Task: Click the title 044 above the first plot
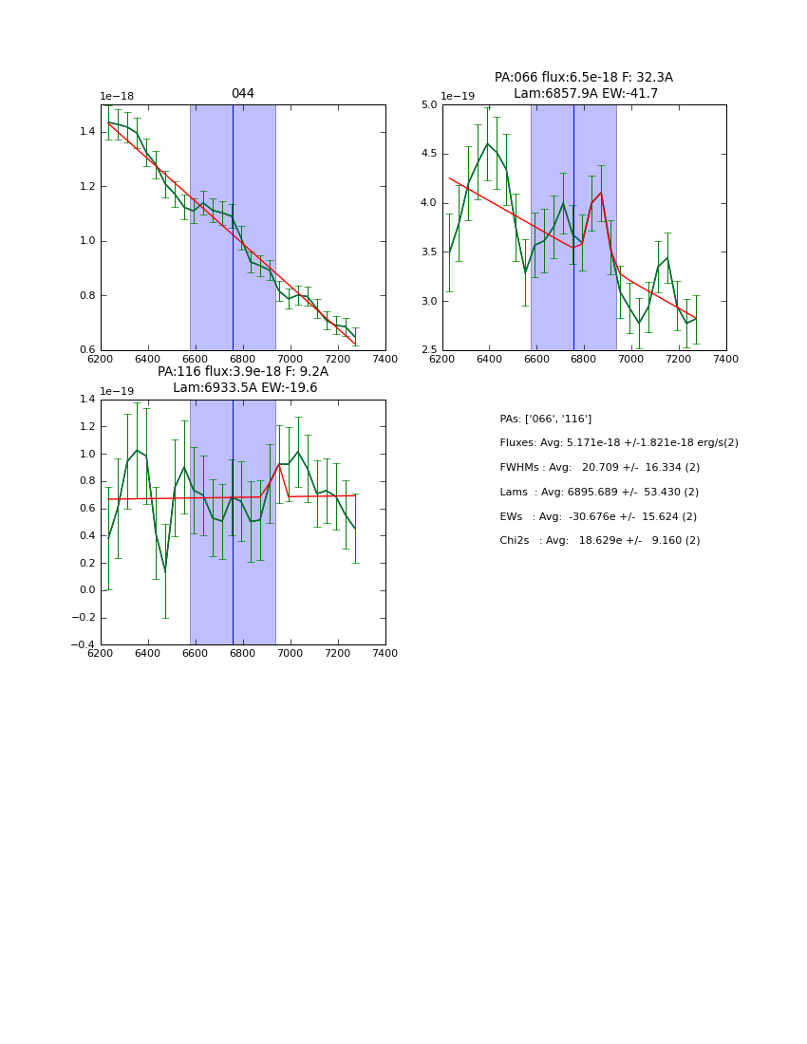[x=242, y=93]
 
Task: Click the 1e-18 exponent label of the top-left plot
[x=117, y=97]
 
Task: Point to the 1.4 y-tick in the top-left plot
[x=86, y=131]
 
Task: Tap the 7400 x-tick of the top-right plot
[x=725, y=359]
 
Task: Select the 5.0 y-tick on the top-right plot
[x=427, y=104]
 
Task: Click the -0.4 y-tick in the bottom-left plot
[x=83, y=644]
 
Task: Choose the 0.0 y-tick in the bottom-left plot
[x=86, y=590]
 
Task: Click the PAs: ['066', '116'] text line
[x=545, y=419]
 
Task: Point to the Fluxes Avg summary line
[x=618, y=443]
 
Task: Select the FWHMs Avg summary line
[x=599, y=468]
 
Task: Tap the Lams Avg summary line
[x=598, y=493]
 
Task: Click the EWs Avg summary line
[x=599, y=516]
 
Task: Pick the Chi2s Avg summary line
[x=599, y=541]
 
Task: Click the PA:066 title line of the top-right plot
[x=583, y=78]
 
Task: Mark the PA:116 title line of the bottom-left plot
[x=242, y=372]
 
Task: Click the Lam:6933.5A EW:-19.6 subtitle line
[x=245, y=388]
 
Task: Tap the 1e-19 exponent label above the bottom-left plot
[x=117, y=392]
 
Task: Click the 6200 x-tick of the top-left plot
[x=101, y=359]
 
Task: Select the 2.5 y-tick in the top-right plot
[x=427, y=350]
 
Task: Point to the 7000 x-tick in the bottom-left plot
[x=290, y=653]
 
